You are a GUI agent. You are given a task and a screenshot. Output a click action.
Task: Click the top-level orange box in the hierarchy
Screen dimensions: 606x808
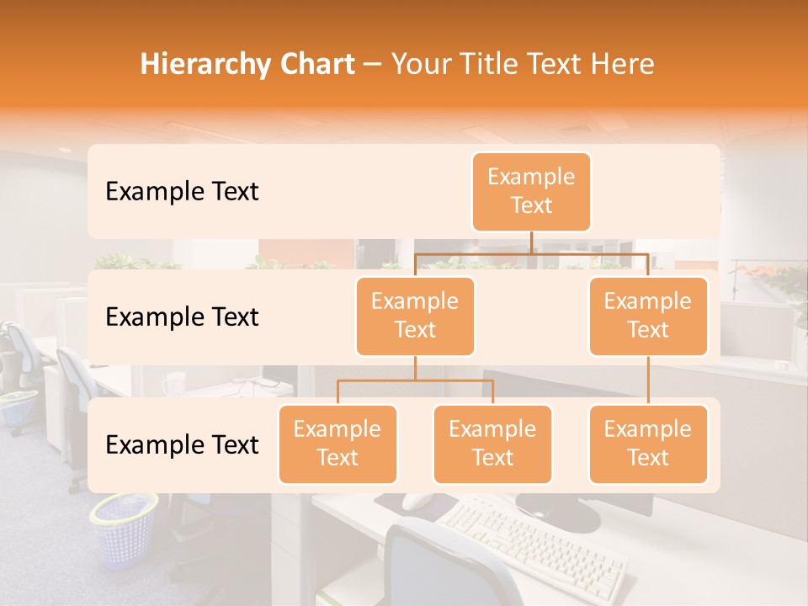click(x=531, y=192)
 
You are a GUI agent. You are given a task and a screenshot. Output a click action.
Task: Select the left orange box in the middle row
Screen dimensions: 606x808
click(x=415, y=316)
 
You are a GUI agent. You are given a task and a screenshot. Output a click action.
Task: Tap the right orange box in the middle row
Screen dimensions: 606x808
click(x=648, y=316)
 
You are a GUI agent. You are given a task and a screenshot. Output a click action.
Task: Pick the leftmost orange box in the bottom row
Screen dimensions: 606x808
click(x=338, y=444)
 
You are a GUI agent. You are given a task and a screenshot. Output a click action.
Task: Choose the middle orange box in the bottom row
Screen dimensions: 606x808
click(x=492, y=444)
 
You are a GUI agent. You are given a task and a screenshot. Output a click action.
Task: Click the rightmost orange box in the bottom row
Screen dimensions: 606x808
click(x=648, y=444)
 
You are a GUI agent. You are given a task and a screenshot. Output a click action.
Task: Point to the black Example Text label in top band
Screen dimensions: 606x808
click(x=182, y=192)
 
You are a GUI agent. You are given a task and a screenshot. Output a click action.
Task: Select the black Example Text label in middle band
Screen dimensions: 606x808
click(x=182, y=317)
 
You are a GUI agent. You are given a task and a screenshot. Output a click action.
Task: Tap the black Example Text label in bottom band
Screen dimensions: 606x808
click(x=182, y=444)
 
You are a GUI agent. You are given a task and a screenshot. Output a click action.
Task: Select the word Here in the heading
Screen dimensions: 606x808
click(x=621, y=65)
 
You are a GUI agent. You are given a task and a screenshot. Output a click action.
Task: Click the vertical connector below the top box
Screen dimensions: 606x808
click(x=531, y=242)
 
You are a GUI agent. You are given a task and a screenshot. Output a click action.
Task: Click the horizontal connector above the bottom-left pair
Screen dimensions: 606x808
click(x=415, y=380)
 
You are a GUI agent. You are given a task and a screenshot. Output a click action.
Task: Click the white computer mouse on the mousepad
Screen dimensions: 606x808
click(x=417, y=502)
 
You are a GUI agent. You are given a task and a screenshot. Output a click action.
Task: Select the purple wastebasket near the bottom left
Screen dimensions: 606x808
click(x=124, y=529)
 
